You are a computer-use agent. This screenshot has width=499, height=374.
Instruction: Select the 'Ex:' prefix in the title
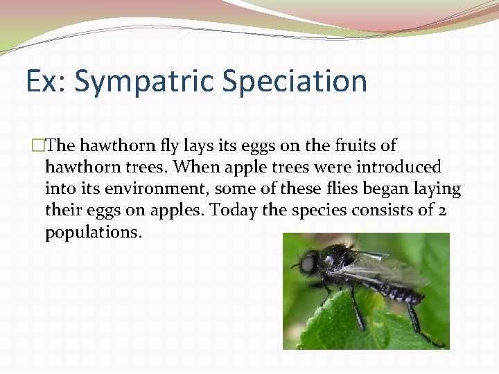coord(46,81)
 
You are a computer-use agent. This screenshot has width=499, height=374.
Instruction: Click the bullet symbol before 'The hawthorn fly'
coord(39,145)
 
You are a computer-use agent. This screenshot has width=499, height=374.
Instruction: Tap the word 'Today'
coord(235,210)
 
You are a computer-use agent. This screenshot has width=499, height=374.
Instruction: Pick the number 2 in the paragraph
coord(441,210)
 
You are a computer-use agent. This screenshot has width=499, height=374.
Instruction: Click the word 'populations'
coord(92,231)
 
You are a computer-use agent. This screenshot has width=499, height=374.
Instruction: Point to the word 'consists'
coord(384,210)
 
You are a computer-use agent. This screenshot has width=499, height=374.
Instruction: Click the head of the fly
coord(308,262)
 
